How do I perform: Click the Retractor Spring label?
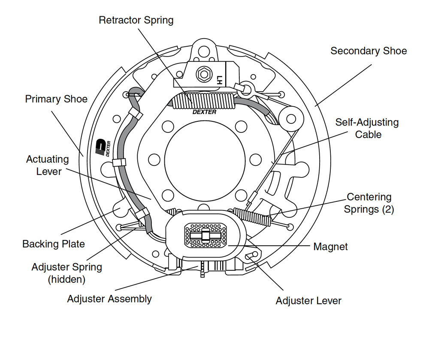coord(136,20)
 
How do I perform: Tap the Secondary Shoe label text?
coord(368,51)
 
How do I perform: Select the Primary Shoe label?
coord(56,99)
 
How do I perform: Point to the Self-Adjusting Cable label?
coord(367,128)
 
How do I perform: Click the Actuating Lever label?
coord(47,165)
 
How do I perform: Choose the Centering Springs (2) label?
coord(370,203)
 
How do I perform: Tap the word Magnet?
coord(330,246)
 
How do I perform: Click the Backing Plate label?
coord(54,244)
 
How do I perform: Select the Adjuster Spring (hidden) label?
coord(66,273)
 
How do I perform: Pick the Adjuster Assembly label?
coord(109,299)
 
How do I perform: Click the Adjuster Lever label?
coord(308,300)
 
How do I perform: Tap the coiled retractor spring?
coord(204,102)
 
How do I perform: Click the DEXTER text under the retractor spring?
coord(204,112)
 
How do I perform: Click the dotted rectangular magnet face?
coord(205,235)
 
